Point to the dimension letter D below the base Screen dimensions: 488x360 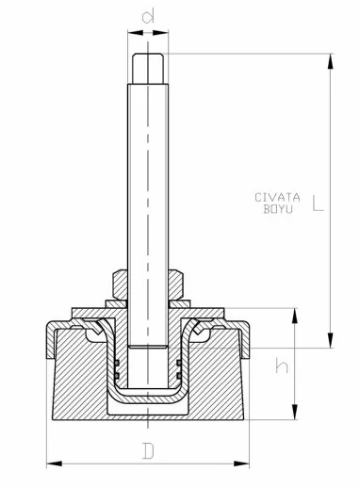click(148, 450)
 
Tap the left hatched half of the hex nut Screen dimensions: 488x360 click(119, 282)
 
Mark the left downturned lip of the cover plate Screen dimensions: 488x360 click(46, 344)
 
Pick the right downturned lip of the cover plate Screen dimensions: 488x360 click(249, 344)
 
